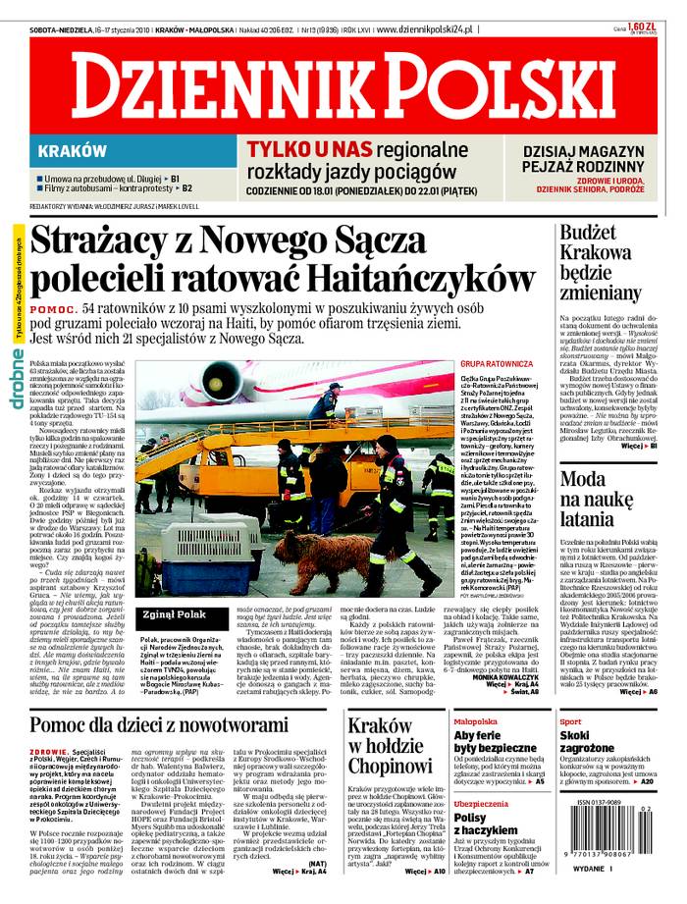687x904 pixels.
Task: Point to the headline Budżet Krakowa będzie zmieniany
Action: tap(600, 261)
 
